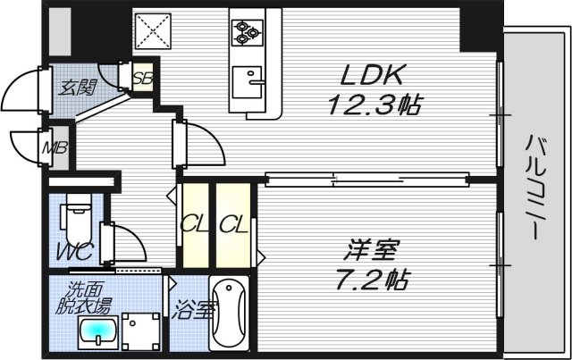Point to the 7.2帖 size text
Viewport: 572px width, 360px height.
pyautogui.click(x=374, y=280)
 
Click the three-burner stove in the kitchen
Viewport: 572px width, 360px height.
pyautogui.click(x=247, y=32)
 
